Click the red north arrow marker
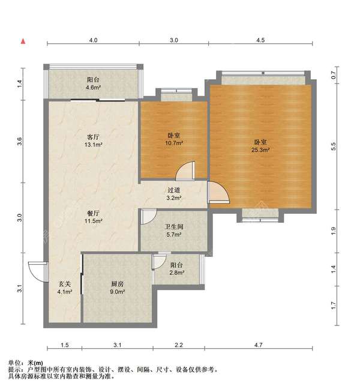tap(23, 41)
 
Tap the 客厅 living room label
tap(93, 136)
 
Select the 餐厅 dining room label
tap(93, 213)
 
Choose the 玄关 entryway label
tap(65, 285)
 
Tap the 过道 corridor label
tap(174, 190)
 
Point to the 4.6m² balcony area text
tap(93, 87)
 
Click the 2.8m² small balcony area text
tap(176, 273)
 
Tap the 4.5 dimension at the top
tap(260, 40)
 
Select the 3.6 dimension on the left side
tap(20, 142)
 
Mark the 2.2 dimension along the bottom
tap(179, 345)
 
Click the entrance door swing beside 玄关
tap(37, 271)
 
